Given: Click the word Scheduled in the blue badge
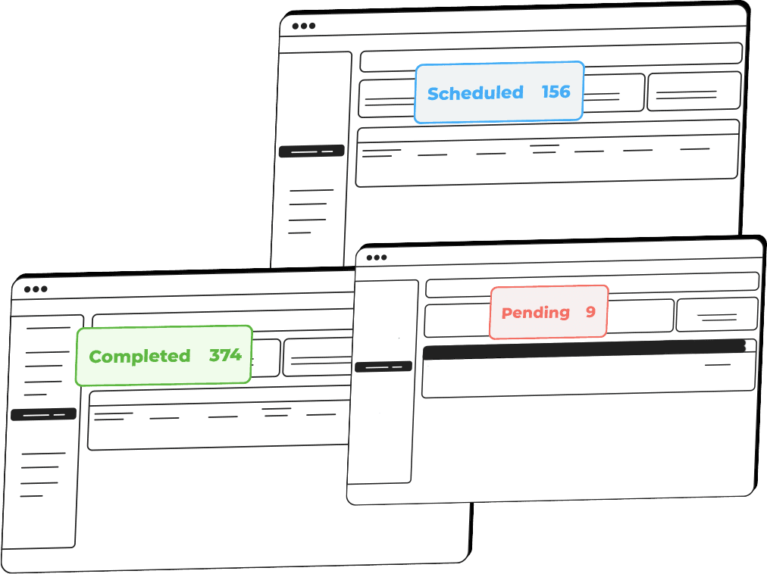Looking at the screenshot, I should point(475,93).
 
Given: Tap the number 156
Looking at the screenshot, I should point(556,92).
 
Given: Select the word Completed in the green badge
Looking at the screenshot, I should point(139,357).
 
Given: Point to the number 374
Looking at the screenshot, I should point(225,355).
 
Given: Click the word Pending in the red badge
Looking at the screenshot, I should point(535,313).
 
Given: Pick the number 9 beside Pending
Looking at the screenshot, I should point(590,312).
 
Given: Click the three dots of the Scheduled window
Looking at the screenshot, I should point(303,26).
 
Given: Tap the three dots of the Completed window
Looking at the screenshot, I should point(35,289).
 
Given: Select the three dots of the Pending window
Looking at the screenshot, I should point(377,257).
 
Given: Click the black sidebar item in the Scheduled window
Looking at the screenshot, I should point(311,151).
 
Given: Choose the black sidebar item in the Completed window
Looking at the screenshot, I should point(43,414).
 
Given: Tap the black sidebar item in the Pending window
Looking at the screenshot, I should point(383,367).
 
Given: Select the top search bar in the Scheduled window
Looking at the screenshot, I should point(550,53).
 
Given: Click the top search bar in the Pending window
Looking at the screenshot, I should point(591,284).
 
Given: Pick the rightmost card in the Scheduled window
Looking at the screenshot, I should point(693,92).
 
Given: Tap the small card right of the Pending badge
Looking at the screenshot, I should point(716,314).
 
